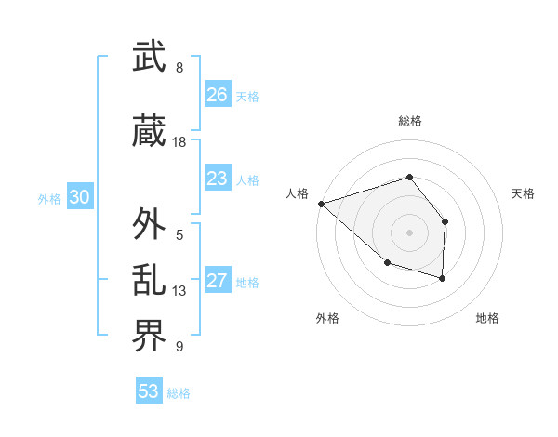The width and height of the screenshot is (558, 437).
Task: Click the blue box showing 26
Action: (217, 95)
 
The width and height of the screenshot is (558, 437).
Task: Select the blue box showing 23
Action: (217, 179)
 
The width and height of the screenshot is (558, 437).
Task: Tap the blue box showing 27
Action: (217, 281)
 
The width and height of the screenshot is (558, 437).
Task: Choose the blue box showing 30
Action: (78, 197)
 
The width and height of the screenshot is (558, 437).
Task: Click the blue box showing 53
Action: (148, 391)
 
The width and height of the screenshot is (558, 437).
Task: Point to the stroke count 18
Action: (179, 142)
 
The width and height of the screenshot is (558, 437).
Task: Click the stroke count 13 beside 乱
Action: (179, 291)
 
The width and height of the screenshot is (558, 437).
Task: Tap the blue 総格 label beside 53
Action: (179, 393)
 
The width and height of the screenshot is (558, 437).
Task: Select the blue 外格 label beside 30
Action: (49, 198)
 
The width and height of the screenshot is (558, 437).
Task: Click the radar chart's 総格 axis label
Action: (409, 121)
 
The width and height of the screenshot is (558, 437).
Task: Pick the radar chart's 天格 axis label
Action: (524, 193)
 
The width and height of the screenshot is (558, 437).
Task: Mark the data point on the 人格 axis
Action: (321, 203)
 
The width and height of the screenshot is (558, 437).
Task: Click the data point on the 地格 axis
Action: (443, 278)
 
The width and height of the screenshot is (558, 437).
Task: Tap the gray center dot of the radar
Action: (409, 232)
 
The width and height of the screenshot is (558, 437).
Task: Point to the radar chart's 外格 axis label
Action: (327, 318)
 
